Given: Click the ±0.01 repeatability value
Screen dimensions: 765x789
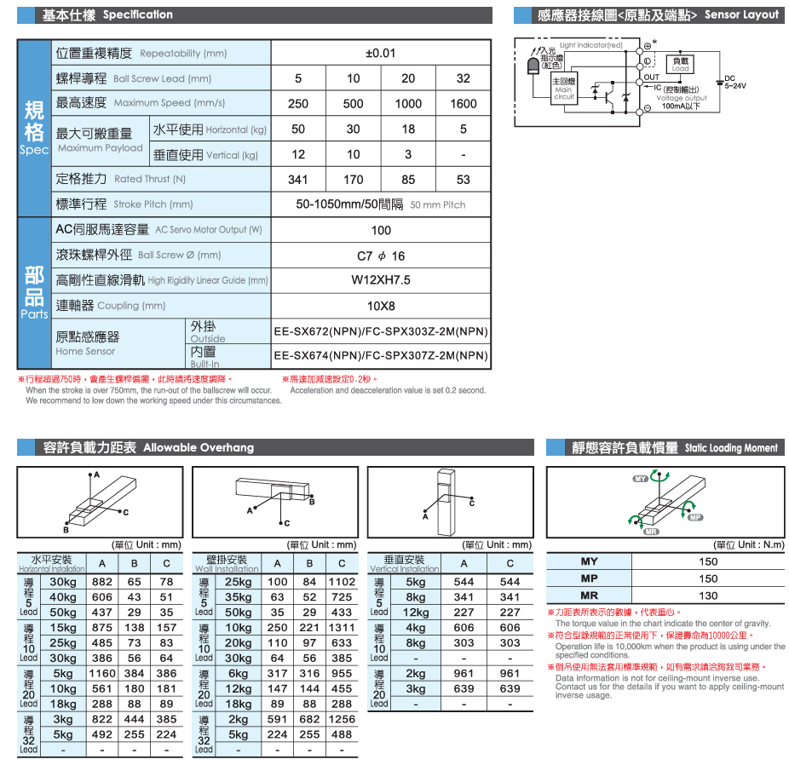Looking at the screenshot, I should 381,53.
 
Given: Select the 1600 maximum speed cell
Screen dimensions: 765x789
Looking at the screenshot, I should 463,103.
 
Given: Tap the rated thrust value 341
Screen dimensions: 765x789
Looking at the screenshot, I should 298,179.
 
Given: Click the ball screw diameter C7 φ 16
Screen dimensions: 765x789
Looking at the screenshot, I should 381,255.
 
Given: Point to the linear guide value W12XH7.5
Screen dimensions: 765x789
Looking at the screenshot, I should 381,279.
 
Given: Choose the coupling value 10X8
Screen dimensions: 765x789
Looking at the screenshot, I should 381,305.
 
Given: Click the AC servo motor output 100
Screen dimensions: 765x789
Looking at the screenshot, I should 381,230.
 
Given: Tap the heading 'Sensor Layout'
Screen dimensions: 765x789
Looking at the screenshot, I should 741,14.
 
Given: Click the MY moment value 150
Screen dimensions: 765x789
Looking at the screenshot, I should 708,561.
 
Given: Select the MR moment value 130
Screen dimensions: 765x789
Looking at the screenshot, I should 708,595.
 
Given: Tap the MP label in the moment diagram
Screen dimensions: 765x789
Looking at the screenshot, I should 694,518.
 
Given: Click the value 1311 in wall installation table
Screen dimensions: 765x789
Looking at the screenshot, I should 342,628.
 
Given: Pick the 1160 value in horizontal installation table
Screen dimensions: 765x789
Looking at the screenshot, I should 102,673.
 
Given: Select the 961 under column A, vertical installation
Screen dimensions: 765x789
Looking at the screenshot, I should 464,673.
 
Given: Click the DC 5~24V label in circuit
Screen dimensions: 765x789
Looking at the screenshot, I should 734,83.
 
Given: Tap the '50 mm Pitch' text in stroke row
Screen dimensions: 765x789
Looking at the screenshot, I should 438,205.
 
